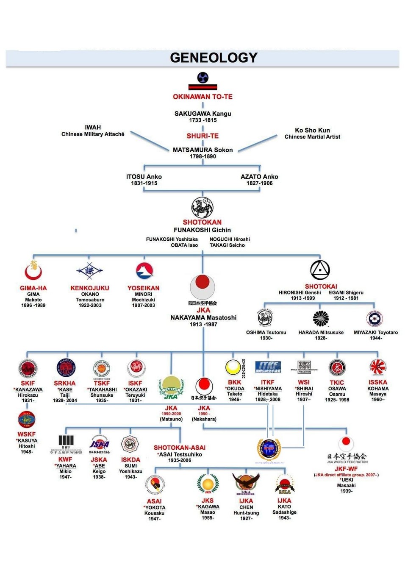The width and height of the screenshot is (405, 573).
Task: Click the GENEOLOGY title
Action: pyautogui.click(x=214, y=58)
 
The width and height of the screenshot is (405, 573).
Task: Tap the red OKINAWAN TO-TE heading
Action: pyautogui.click(x=202, y=97)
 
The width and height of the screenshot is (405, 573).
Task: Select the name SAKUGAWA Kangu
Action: pyautogui.click(x=203, y=114)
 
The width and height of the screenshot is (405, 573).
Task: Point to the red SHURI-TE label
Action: pyautogui.click(x=202, y=136)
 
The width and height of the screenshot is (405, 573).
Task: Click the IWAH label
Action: pyautogui.click(x=93, y=127)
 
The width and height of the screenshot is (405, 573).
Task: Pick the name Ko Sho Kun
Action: pyautogui.click(x=312, y=130)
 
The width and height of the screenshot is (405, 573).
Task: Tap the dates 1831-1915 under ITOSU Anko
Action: pyautogui.click(x=144, y=183)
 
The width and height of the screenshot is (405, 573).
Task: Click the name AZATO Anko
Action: pyautogui.click(x=259, y=177)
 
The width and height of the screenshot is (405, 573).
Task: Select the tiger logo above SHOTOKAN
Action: pyautogui.click(x=202, y=208)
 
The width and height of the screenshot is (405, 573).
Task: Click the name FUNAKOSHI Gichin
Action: pyautogui.click(x=202, y=230)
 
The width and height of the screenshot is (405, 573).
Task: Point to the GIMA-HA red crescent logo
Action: pyautogui.click(x=33, y=271)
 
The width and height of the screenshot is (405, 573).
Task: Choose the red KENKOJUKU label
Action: pyautogui.click(x=90, y=288)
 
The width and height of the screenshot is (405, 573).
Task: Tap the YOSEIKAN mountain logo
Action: pyautogui.click(x=144, y=271)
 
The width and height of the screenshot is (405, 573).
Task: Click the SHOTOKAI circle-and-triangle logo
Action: pyautogui.click(x=320, y=270)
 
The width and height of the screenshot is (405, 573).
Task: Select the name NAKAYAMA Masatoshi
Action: pyautogui.click(x=203, y=317)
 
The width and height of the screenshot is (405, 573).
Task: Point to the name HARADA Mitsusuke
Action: pyautogui.click(x=321, y=332)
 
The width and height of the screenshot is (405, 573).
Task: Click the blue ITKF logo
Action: pyautogui.click(x=268, y=367)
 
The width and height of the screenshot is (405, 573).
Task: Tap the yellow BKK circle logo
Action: pyautogui.click(x=233, y=367)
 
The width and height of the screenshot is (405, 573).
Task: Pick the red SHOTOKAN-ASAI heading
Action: pyautogui.click(x=180, y=448)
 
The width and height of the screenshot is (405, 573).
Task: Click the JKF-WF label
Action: pyautogui.click(x=346, y=469)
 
